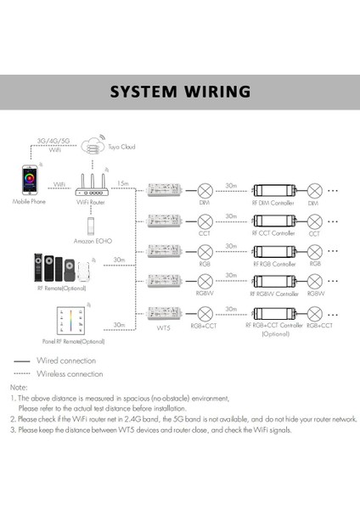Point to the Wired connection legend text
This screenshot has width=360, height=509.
[x=65, y=361]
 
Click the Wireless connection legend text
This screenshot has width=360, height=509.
[x=69, y=372]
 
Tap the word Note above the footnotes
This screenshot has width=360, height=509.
[x=19, y=388]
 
